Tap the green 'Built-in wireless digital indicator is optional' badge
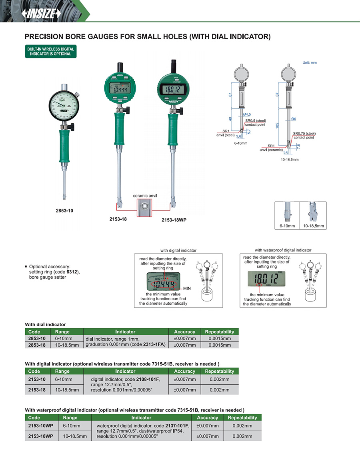(50, 51)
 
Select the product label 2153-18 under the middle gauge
(118, 219)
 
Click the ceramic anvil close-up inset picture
(145, 207)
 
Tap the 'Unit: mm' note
(309, 62)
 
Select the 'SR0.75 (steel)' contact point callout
(304, 133)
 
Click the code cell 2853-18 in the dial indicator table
(37, 345)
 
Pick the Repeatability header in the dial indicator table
(219, 331)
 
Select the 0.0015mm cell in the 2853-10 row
(219, 338)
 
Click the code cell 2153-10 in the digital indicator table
(37, 379)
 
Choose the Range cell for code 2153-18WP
(75, 436)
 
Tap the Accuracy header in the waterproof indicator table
(208, 418)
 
